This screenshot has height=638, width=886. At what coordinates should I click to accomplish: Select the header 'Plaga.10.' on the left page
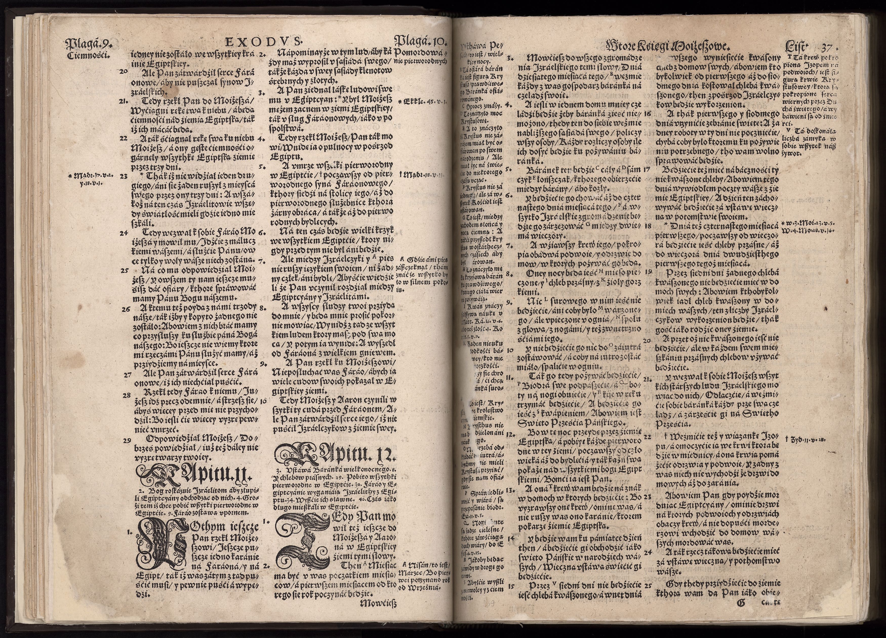420,41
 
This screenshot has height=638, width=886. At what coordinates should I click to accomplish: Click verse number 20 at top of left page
124,71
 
